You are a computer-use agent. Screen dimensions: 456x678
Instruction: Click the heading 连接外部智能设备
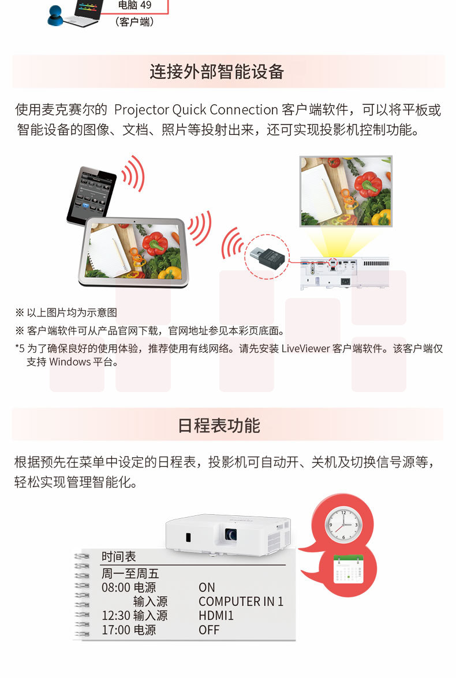pos(216,71)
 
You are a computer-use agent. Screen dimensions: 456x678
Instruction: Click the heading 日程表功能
pos(219,425)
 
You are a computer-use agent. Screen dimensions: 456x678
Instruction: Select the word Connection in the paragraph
pos(244,110)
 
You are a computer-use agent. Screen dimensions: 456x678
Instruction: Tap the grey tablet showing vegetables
pos(134,252)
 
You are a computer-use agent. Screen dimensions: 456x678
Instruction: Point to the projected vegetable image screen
pos(346,191)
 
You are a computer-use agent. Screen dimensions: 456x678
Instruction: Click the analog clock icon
pos(343,525)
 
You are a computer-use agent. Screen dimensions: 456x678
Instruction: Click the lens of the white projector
pos(230,534)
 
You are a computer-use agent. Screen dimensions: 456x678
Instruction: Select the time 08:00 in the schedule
pos(116,587)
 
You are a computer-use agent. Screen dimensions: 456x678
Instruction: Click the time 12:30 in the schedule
pos(116,616)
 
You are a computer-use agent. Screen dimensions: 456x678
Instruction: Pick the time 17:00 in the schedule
pos(116,630)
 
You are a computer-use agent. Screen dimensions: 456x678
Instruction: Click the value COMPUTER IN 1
pos(241,601)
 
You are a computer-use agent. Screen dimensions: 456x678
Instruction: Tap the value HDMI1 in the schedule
pos(216,616)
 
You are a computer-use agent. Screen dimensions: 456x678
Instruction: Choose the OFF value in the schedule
pos(209,630)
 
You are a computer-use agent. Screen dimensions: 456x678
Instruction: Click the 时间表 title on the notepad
pos(119,556)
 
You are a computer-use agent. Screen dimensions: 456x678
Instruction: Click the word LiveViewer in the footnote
pos(306,348)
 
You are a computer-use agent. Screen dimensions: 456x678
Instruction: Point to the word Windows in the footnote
pos(70,362)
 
